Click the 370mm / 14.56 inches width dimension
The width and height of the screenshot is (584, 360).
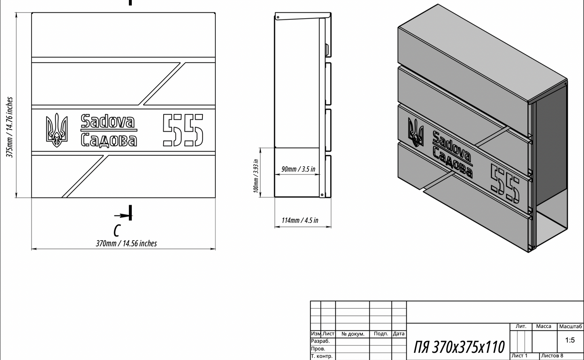(126, 244)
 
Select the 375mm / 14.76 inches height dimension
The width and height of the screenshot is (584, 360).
(10, 127)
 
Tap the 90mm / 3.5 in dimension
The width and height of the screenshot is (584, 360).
(298, 169)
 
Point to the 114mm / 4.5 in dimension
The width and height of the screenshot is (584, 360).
(299, 220)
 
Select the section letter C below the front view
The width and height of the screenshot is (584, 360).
(117, 231)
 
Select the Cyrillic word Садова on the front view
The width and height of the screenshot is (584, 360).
(109, 140)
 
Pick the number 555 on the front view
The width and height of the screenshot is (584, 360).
(183, 130)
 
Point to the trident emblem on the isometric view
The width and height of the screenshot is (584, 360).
(415, 132)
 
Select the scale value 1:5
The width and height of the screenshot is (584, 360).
(570, 341)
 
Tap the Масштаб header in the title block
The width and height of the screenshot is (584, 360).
(571, 326)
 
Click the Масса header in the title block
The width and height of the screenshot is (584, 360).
(544, 326)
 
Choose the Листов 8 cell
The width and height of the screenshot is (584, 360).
(552, 356)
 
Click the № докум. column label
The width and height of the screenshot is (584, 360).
(353, 334)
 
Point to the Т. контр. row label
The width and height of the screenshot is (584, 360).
(322, 356)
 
